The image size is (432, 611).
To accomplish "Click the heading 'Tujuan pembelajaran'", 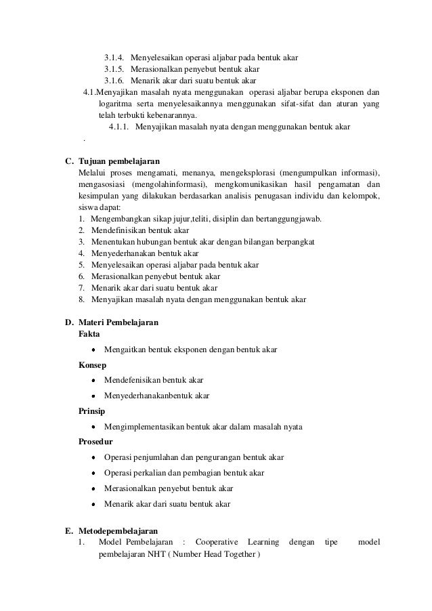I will (x=119, y=162).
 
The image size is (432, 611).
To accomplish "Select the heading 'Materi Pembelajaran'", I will (x=118, y=323).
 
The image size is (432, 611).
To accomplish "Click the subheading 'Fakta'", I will (x=89, y=335).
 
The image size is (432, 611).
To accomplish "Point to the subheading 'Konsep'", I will (x=92, y=365).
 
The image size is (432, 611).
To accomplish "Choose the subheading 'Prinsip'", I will (x=92, y=410).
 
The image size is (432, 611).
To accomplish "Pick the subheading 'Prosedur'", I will (x=95, y=442).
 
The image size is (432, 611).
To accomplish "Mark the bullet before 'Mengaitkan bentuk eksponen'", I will (x=93, y=350).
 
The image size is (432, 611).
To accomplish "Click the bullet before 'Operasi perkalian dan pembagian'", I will (x=93, y=473).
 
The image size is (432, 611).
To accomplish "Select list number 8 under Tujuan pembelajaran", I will (x=81, y=299).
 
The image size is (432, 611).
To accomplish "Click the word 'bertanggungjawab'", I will (x=290, y=219).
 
